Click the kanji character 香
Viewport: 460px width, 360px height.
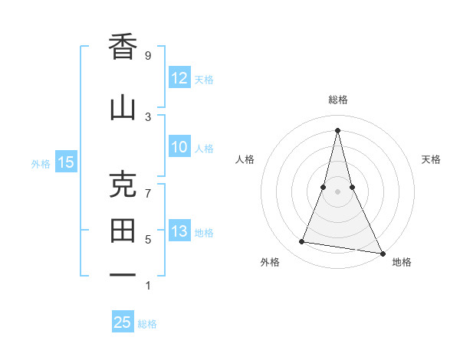[123, 48]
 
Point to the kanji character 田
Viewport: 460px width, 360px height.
[123, 231]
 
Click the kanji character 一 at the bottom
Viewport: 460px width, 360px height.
[123, 276]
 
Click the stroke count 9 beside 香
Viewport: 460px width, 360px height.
[147, 55]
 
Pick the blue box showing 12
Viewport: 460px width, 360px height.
[179, 78]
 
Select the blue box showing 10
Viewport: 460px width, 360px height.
[179, 148]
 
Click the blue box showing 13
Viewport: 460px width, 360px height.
[179, 231]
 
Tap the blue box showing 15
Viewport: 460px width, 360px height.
[66, 162]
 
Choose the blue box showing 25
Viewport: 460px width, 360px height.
[123, 322]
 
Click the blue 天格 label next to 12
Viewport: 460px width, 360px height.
[204, 79]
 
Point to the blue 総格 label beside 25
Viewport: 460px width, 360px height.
[147, 323]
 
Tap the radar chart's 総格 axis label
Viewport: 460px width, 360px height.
[337, 100]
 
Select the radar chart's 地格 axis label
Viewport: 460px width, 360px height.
[402, 262]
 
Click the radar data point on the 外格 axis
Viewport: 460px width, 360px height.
[301, 242]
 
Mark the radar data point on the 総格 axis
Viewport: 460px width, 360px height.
[337, 130]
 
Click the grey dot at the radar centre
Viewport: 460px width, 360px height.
[337, 192]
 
